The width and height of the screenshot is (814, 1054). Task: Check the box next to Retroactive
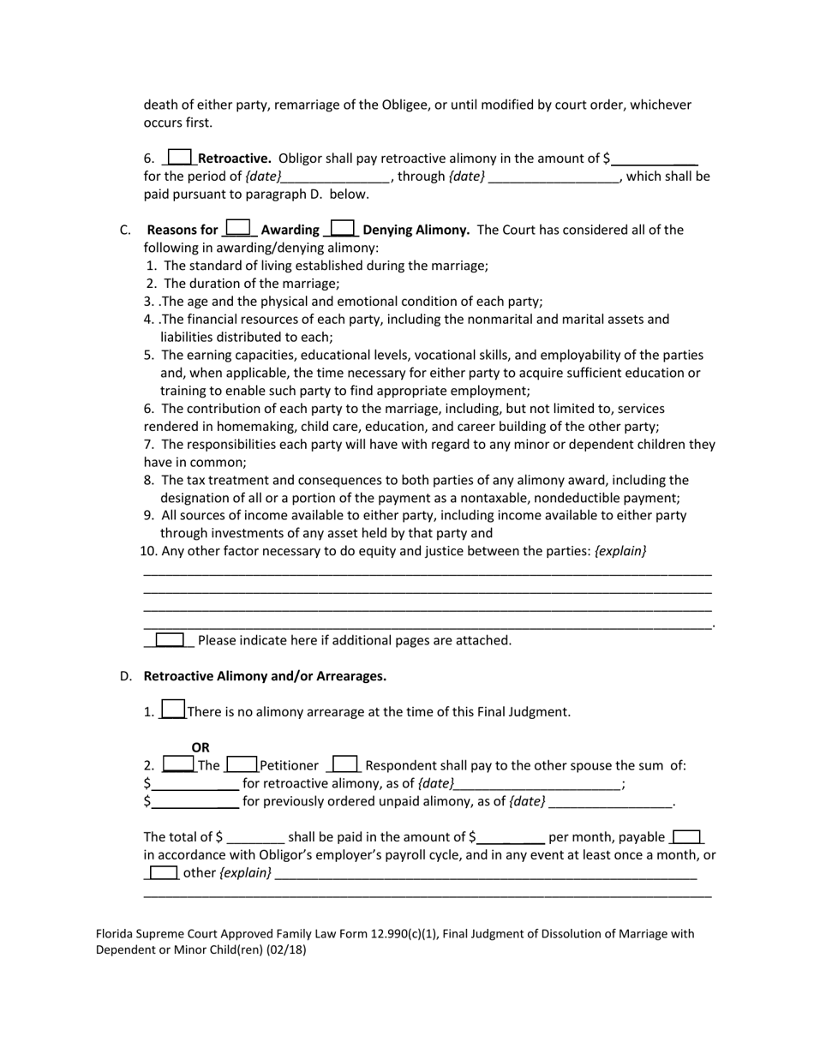[179, 157]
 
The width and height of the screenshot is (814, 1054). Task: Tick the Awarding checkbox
[238, 228]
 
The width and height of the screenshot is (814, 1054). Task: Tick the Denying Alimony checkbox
[342, 228]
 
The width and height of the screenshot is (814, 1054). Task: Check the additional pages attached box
[170, 639]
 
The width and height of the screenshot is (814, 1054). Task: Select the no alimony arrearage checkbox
[173, 710]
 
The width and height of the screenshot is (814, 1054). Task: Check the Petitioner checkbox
[242, 764]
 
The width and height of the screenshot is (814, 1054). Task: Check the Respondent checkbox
[344, 764]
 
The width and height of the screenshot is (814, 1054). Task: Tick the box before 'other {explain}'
[163, 872]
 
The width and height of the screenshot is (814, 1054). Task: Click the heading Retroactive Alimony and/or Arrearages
[265, 676]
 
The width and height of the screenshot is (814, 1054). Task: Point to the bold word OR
[201, 747]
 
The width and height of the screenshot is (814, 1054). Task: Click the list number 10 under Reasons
[147, 551]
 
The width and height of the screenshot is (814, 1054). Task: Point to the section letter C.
[125, 230]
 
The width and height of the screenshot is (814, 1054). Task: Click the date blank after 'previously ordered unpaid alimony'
[610, 803]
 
